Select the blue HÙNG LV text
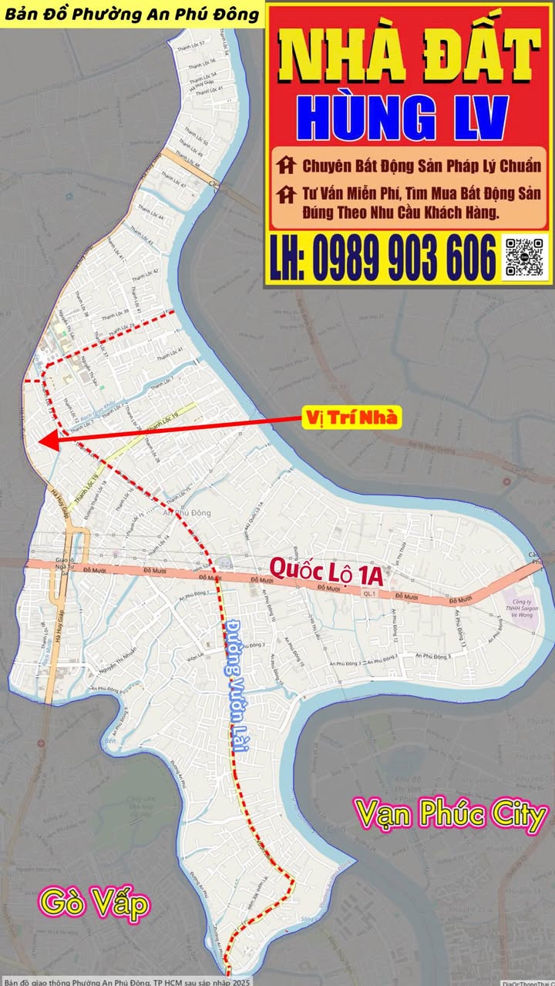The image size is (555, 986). (x=402, y=118)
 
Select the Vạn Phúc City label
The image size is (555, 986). (x=450, y=815)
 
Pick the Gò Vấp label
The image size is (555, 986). (x=95, y=904)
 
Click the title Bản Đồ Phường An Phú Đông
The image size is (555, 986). (x=131, y=13)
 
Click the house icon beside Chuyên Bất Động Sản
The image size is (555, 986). (x=286, y=166)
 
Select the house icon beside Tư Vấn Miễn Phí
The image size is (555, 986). (x=286, y=193)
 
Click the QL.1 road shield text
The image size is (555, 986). (x=371, y=594)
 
